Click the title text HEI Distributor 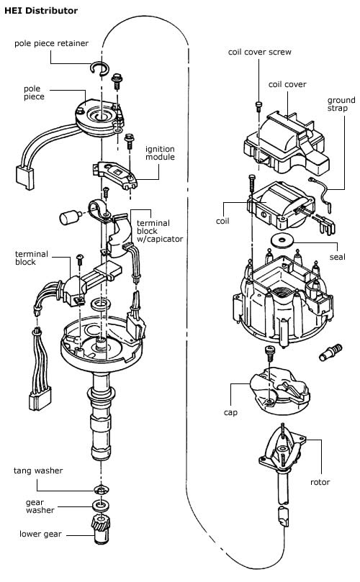pyautogui.click(x=41, y=10)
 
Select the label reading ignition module pyautogui.click(x=160, y=153)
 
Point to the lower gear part pyautogui.click(x=100, y=530)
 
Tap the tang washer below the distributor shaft pyautogui.click(x=102, y=490)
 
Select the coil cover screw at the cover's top pyautogui.click(x=258, y=106)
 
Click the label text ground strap pyautogui.click(x=341, y=104)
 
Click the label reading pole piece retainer pyautogui.click(x=51, y=43)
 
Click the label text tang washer pyautogui.click(x=38, y=470)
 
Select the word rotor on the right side pyautogui.click(x=320, y=482)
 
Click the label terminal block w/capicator pyautogui.click(x=160, y=231)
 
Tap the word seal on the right pyautogui.click(x=338, y=257)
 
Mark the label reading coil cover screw pyautogui.click(x=260, y=52)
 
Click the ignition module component pyautogui.click(x=114, y=174)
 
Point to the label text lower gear pyautogui.click(x=40, y=534)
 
